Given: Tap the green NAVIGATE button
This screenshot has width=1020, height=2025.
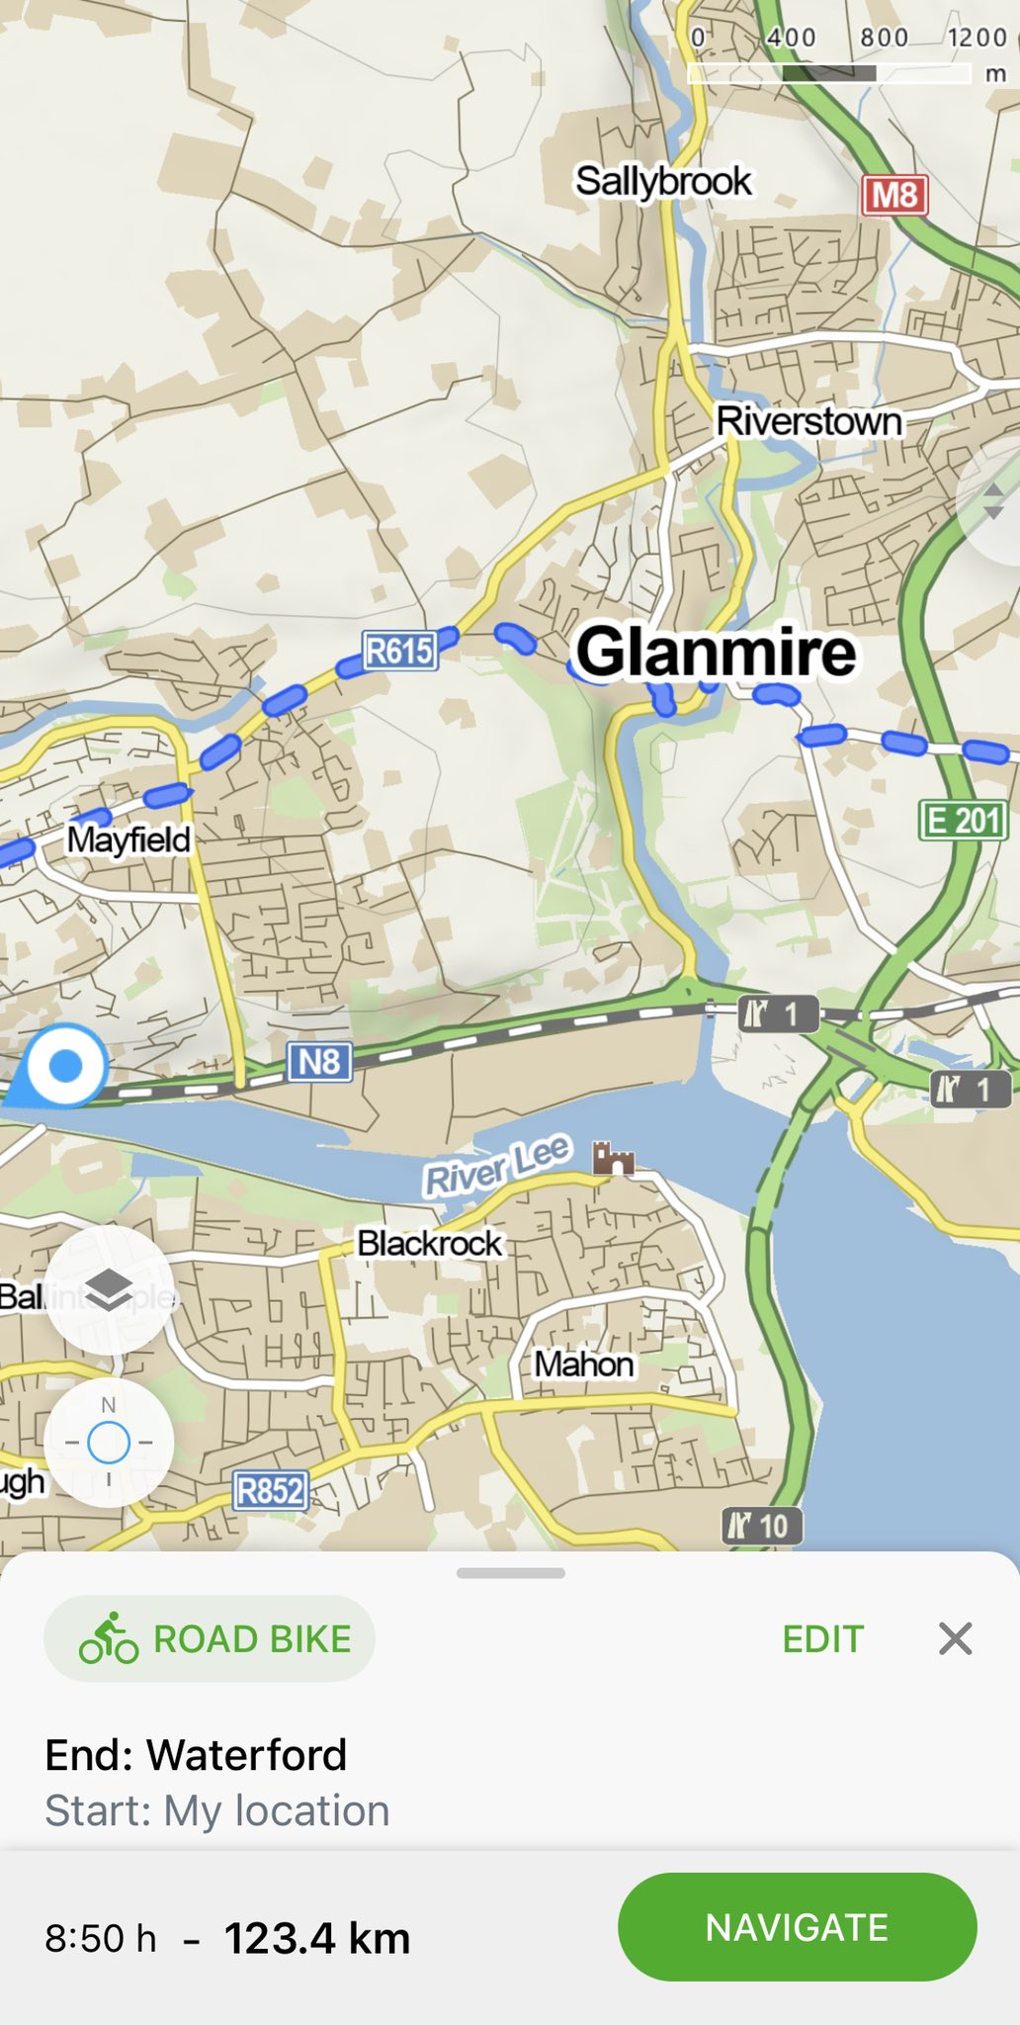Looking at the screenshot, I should click(797, 1927).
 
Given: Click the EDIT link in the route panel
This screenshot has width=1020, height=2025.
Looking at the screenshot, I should click(822, 1639).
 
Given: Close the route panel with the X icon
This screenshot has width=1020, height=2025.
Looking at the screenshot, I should click(955, 1638).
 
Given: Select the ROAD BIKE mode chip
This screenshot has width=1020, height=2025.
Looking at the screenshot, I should click(210, 1639).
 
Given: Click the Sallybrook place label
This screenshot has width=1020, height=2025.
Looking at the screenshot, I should click(663, 181).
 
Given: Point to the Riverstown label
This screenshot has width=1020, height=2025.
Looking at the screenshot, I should click(808, 421).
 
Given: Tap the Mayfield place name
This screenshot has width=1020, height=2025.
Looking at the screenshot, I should click(128, 839).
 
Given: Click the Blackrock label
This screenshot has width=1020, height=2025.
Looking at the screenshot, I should click(429, 1243).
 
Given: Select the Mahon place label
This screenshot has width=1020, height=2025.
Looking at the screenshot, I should click(583, 1365).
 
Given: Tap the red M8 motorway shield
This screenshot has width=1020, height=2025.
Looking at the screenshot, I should click(894, 195).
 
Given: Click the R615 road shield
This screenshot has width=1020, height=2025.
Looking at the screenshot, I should click(399, 651).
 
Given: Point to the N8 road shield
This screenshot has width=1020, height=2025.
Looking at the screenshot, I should click(319, 1063).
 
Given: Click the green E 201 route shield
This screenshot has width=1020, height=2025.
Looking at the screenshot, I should click(964, 820).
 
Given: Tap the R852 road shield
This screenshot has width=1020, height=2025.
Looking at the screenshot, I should click(271, 1490).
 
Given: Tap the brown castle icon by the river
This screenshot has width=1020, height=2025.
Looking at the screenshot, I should click(613, 1158).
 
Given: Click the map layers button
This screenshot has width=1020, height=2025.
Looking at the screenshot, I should click(109, 1289).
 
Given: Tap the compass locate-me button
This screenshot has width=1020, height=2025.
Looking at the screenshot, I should click(109, 1443).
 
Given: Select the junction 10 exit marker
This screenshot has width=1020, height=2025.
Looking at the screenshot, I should click(762, 1526).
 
